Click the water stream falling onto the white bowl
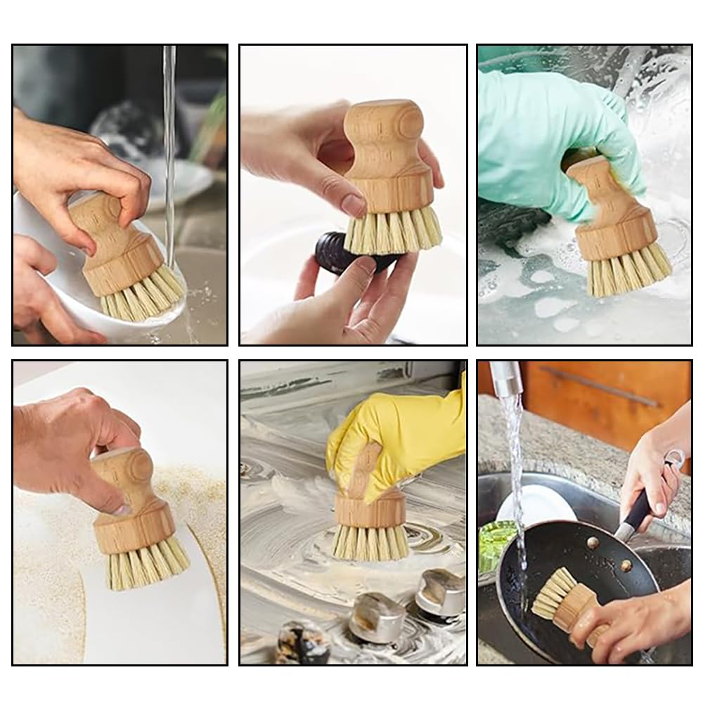click(169, 141)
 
